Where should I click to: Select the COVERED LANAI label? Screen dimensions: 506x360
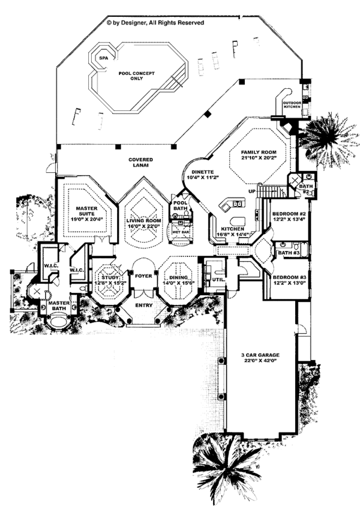[140, 163]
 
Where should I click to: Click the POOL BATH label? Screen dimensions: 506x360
[180, 206]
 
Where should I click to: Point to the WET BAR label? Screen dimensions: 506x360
[180, 230]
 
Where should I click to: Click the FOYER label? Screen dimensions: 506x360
[142, 278]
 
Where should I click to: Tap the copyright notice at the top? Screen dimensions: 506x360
[155, 22]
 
